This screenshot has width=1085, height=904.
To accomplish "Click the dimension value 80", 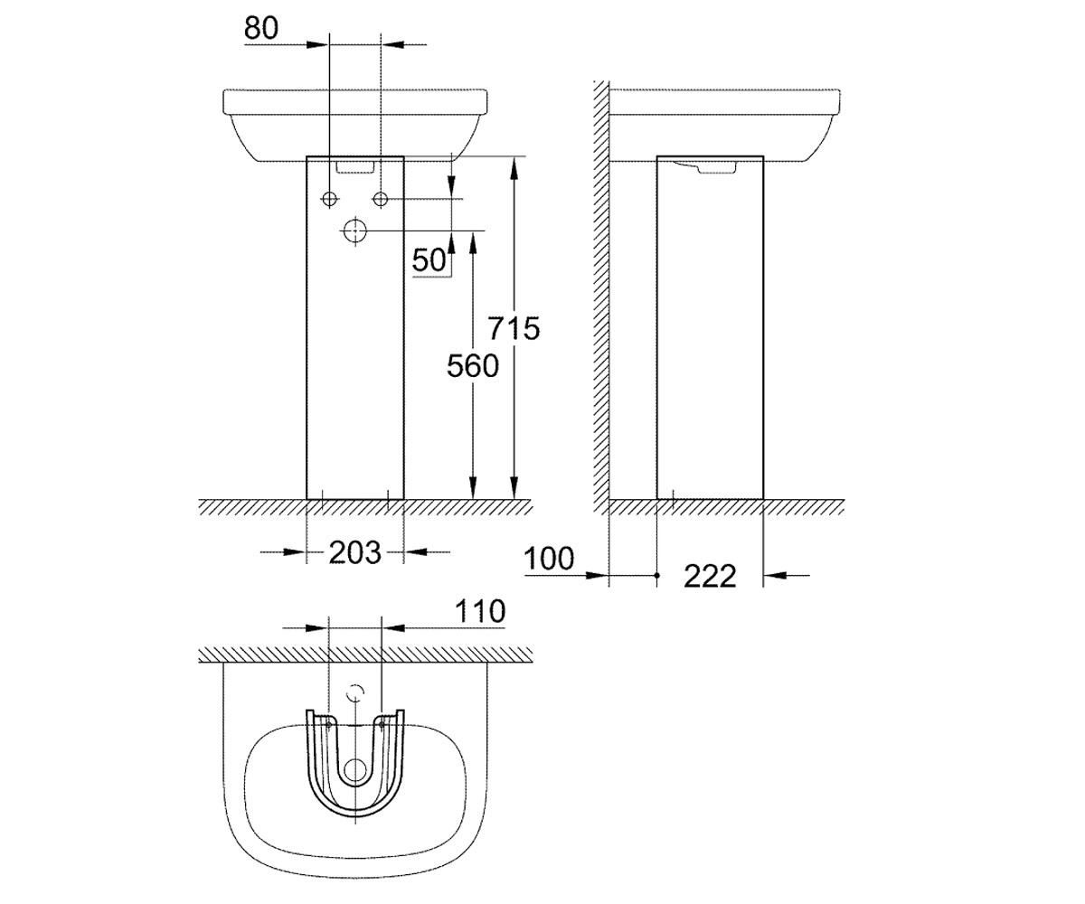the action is [x=261, y=28].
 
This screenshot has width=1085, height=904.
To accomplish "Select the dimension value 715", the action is [x=514, y=328].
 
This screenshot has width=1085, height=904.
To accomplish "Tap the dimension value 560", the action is [x=473, y=365].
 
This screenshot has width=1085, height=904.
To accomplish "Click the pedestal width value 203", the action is [x=355, y=552].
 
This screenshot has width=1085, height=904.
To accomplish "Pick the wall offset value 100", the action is [x=549, y=559].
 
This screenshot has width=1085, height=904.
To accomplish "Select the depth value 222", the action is [x=710, y=576].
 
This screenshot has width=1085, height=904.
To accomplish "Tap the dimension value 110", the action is [x=480, y=611].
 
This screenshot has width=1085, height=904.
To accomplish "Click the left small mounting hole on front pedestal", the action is [x=329, y=199].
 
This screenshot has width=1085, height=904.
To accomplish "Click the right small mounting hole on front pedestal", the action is [x=381, y=199].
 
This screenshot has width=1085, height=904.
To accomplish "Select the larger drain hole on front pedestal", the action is [x=355, y=231].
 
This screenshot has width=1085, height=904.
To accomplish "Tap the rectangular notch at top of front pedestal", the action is [x=355, y=166].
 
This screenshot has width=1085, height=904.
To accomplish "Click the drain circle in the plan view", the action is [x=355, y=770].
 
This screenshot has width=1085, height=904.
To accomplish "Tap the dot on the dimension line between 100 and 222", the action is [x=656, y=576].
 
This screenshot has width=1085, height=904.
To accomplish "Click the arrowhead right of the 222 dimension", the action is [x=773, y=576].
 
